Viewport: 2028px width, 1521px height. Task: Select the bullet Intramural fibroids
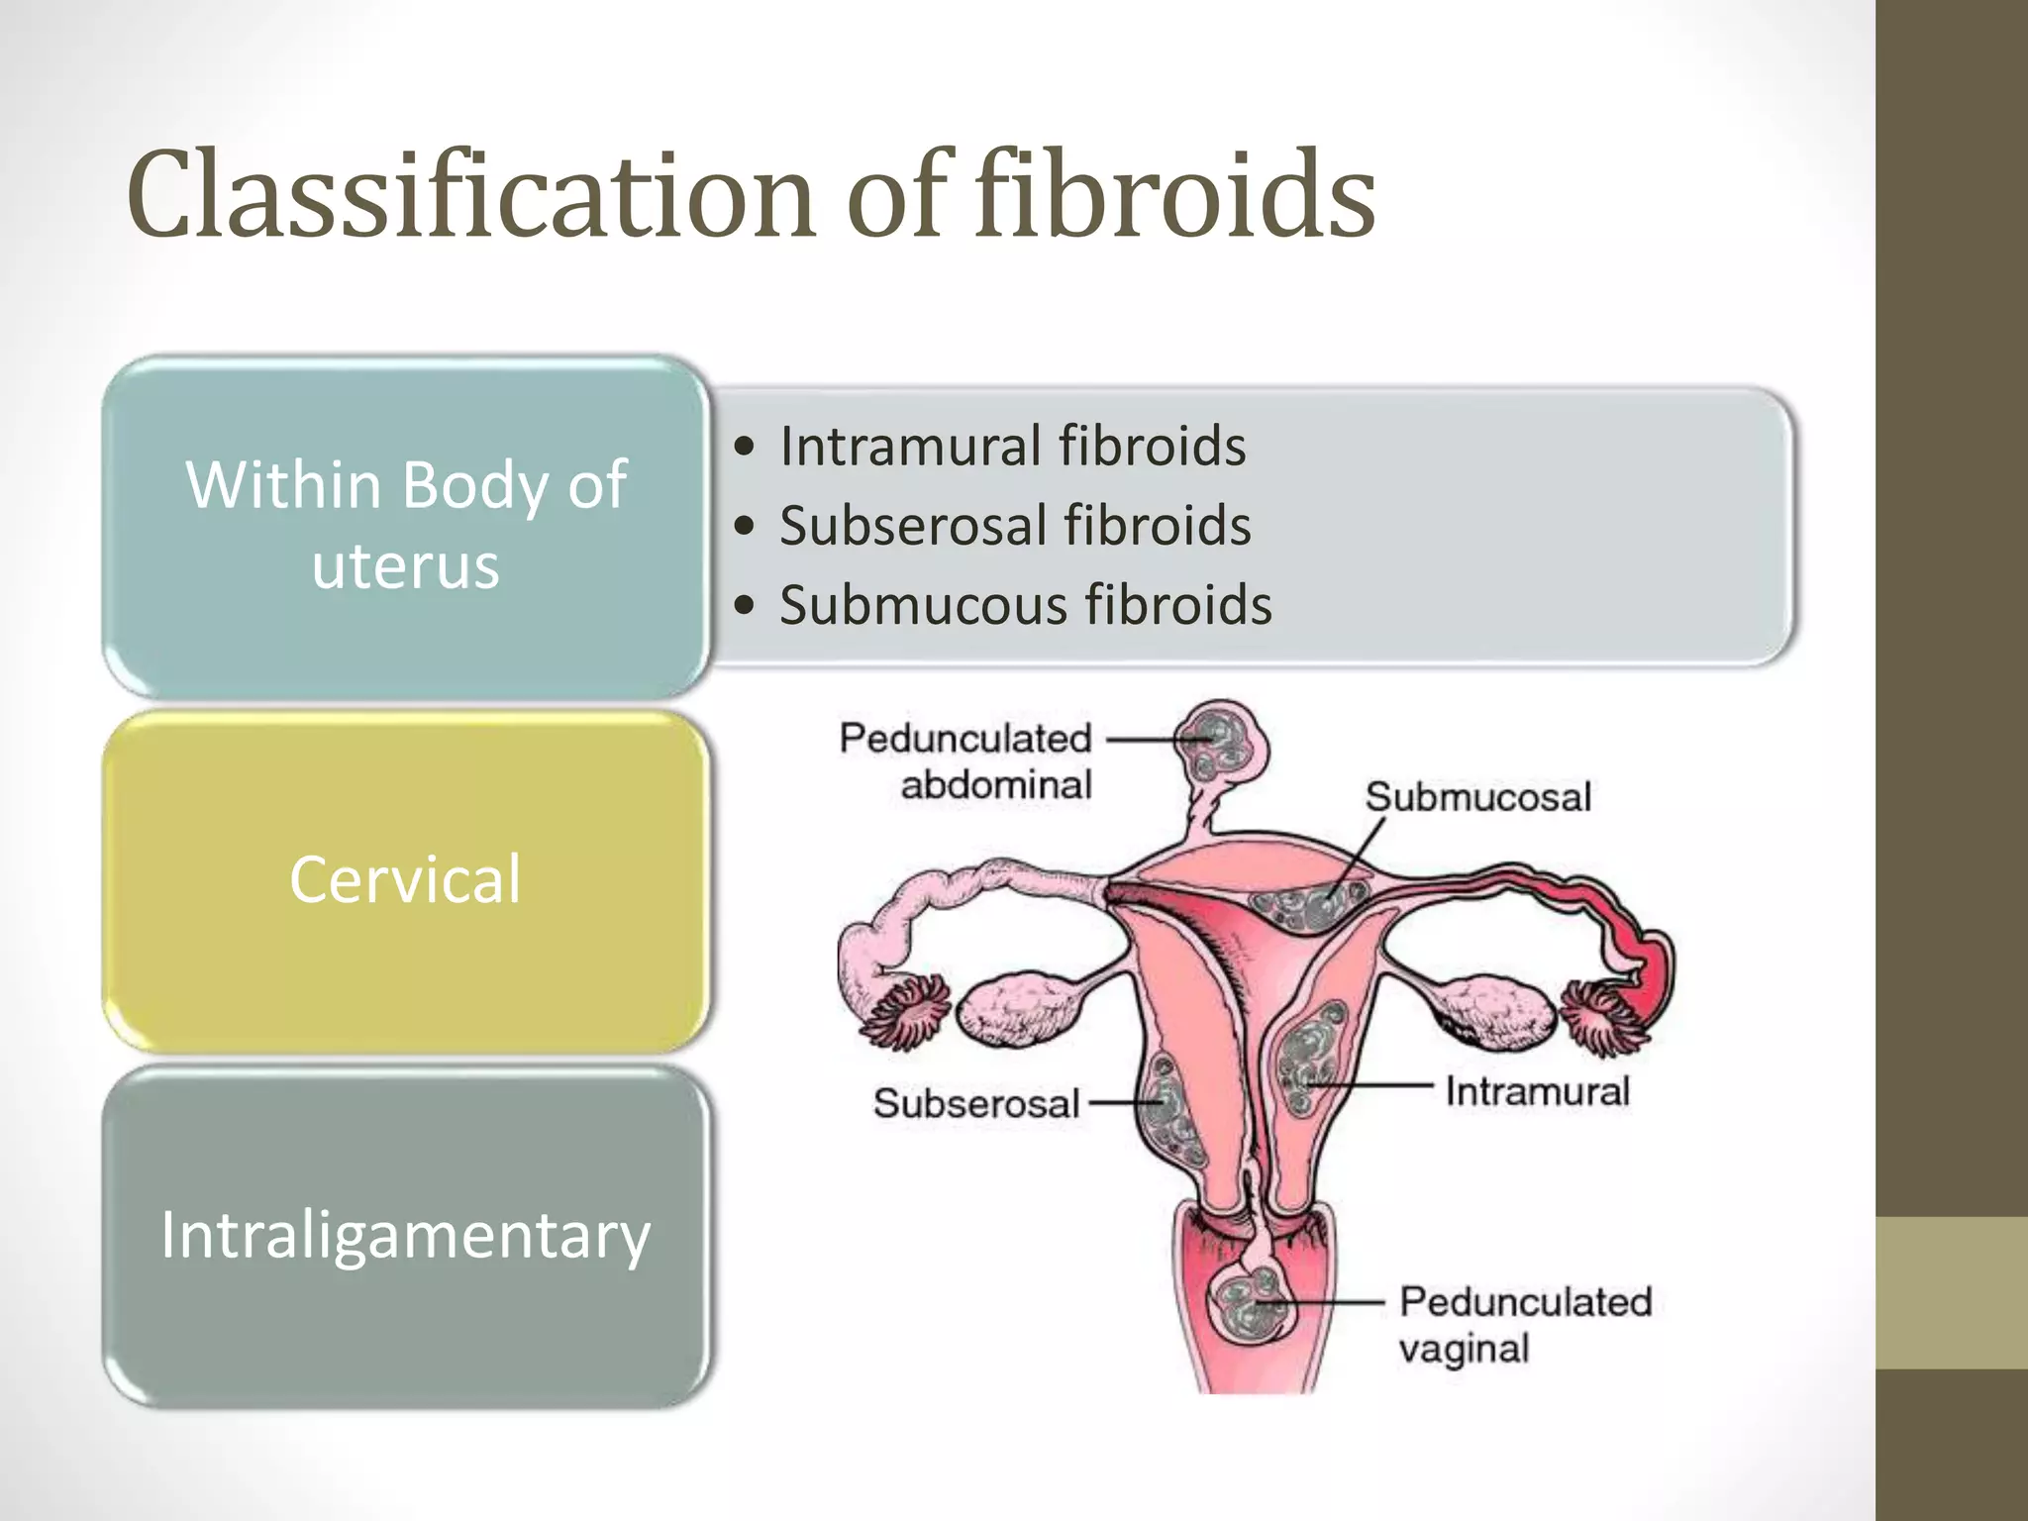(x=1012, y=446)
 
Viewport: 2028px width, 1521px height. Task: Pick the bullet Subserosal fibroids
(x=1014, y=525)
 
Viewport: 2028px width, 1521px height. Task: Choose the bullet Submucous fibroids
(x=1025, y=605)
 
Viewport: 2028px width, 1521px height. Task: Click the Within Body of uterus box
(x=406, y=526)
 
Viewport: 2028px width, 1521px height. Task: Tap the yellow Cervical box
(x=406, y=879)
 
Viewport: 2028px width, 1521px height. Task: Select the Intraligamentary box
(x=406, y=1236)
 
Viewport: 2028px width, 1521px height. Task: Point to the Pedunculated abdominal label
(x=965, y=760)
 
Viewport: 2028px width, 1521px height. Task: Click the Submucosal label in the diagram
(x=1477, y=797)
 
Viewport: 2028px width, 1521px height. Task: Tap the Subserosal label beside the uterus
(x=975, y=1103)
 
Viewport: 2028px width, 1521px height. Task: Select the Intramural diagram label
(x=1537, y=1091)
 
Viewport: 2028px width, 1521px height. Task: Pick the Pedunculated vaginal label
(x=1525, y=1325)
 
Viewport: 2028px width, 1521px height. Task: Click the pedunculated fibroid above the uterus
(x=1220, y=745)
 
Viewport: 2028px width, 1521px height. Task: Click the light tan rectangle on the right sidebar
(x=1951, y=1292)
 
